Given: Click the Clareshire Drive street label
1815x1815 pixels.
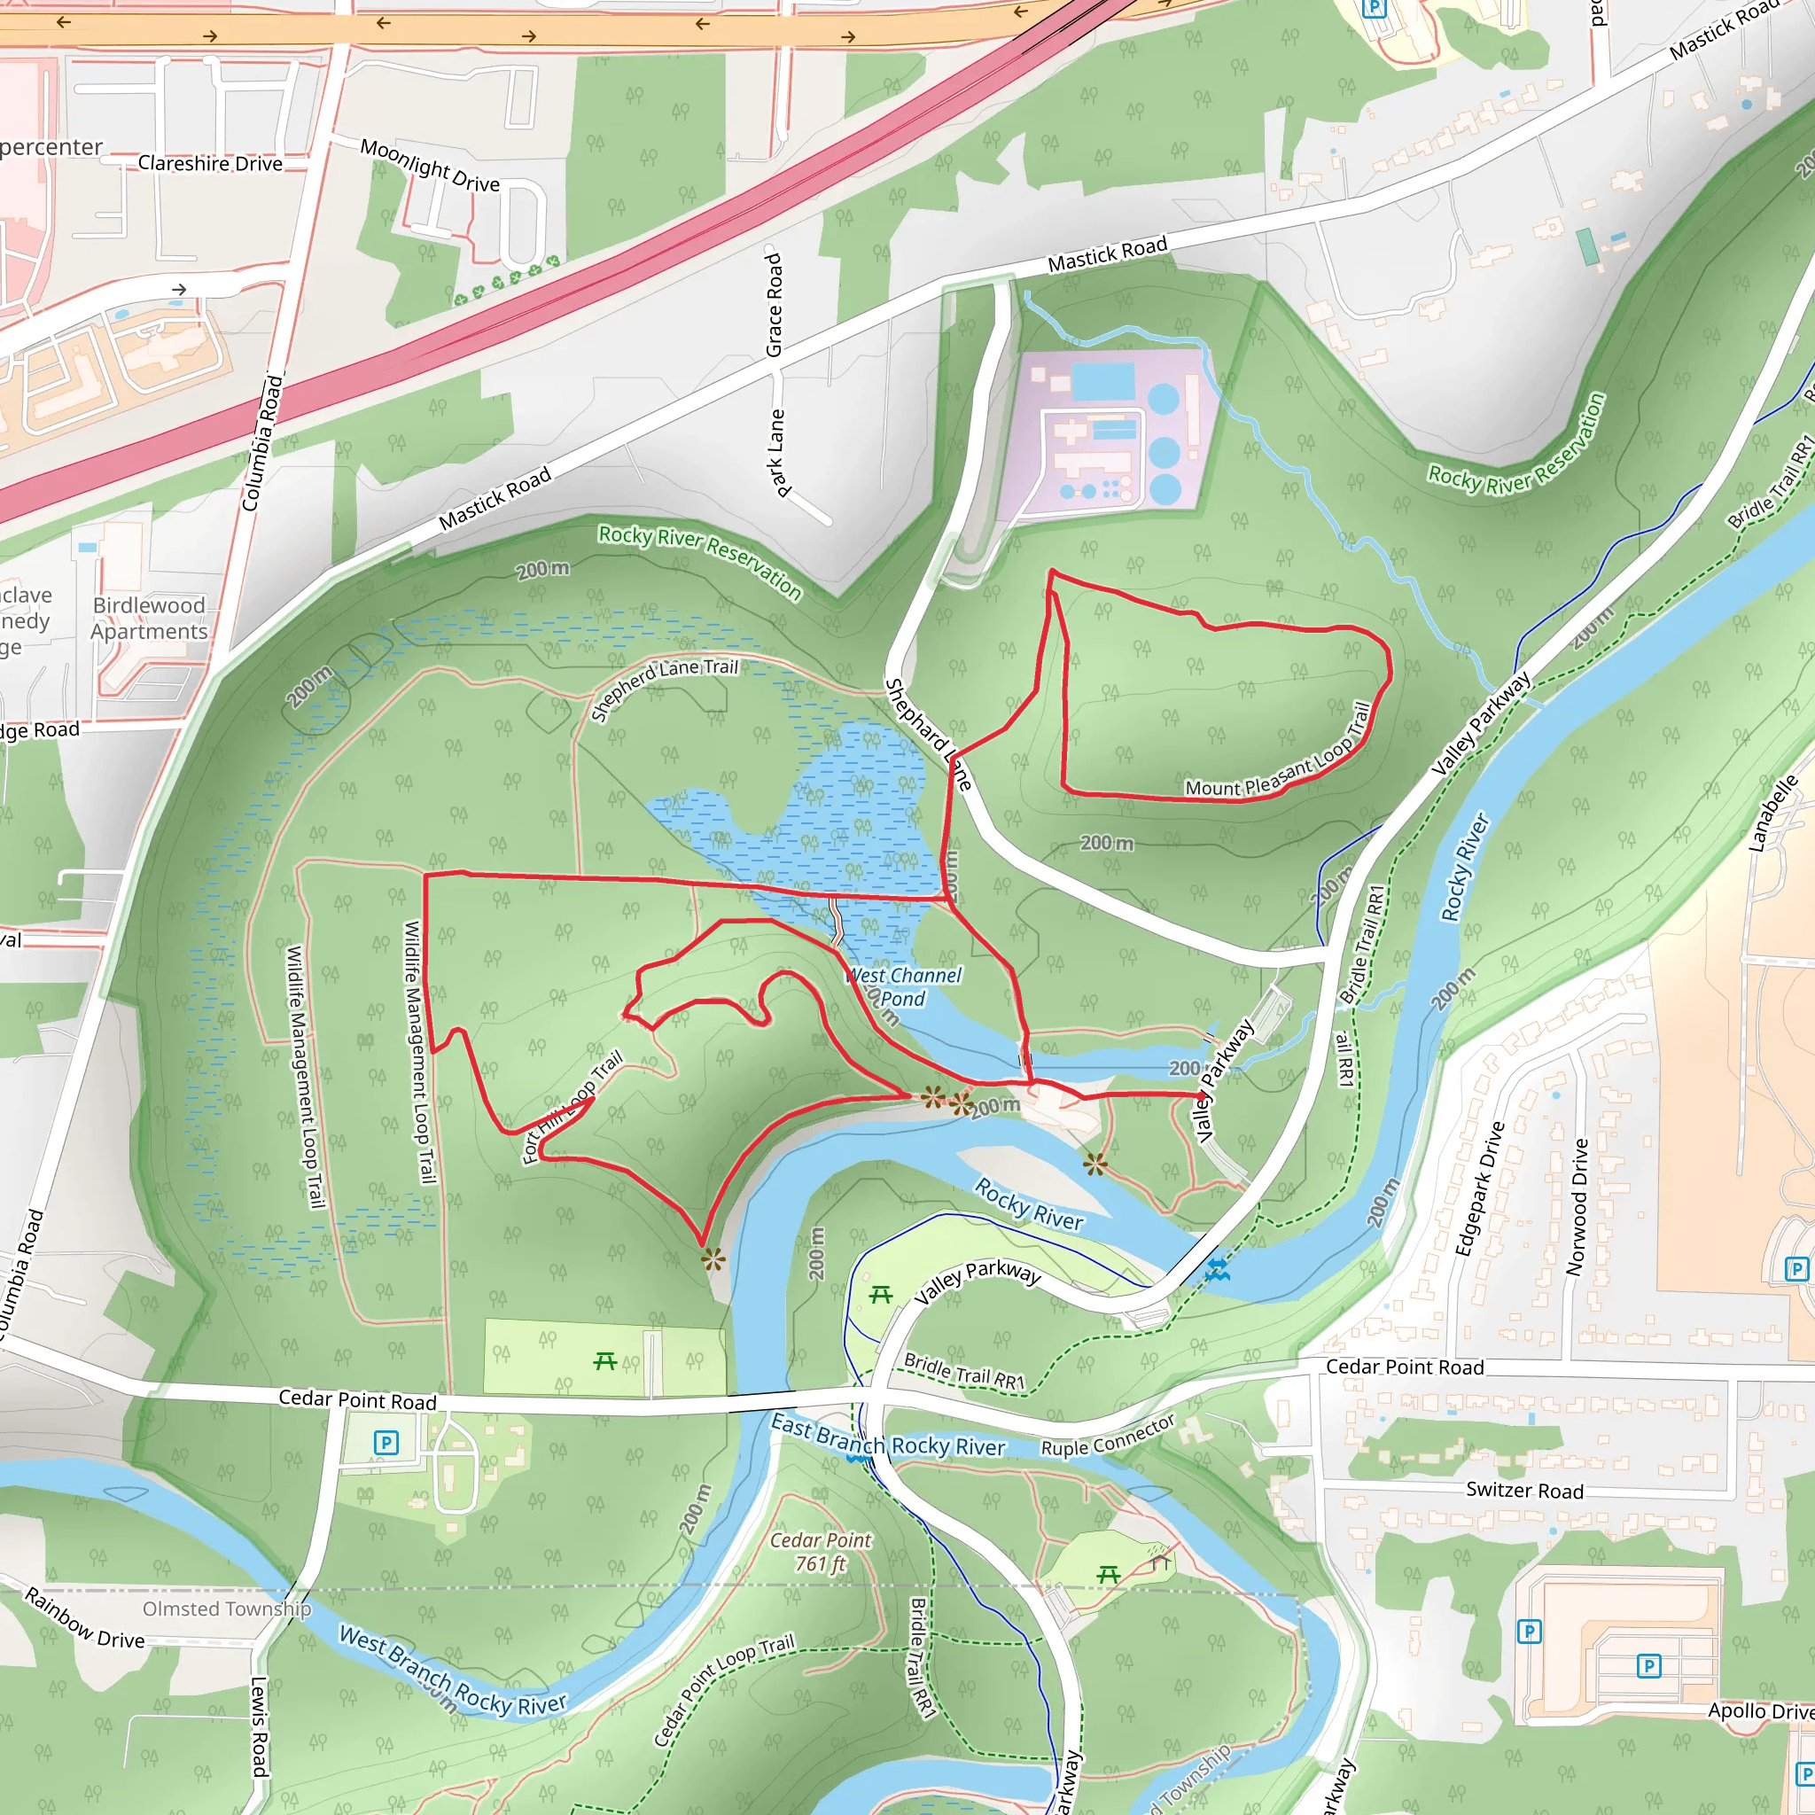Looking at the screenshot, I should (209, 163).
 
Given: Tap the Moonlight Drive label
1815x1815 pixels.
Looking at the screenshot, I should (429, 166).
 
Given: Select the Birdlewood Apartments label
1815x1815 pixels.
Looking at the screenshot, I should (150, 619).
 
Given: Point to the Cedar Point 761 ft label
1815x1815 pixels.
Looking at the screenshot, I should (820, 1552).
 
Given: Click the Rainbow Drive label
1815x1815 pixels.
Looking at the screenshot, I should (84, 1618).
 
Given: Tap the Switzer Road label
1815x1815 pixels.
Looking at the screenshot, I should (1523, 1491).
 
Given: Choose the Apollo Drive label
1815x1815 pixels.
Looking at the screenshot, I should (1759, 1710).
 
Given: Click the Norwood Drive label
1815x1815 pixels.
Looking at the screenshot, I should (1578, 1207).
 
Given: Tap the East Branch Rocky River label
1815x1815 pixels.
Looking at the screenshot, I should (888, 1438).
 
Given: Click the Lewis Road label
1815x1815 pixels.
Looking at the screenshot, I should (260, 1726).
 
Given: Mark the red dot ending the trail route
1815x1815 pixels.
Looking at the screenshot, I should (1203, 1095).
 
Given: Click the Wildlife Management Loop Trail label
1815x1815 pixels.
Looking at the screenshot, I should (419, 1051).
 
